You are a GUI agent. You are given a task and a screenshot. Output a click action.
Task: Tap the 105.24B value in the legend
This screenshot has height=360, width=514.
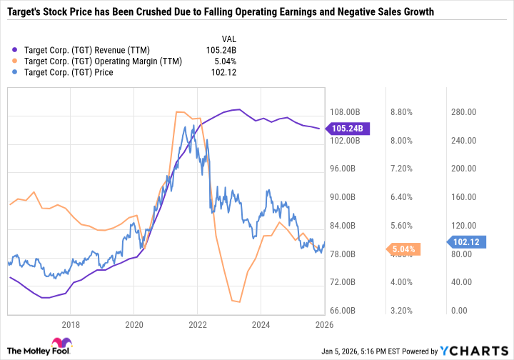(x=221, y=50)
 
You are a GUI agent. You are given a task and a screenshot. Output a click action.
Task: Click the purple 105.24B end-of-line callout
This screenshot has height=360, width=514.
(x=346, y=129)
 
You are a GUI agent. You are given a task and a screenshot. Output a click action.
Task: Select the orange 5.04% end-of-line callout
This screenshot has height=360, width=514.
(x=406, y=249)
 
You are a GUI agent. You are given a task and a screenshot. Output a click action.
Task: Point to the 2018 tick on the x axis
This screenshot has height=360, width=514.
(x=70, y=325)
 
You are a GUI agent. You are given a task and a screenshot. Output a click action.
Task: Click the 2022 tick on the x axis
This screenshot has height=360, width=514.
(x=198, y=325)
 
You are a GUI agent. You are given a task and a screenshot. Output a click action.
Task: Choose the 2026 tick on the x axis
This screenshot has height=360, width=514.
(x=324, y=325)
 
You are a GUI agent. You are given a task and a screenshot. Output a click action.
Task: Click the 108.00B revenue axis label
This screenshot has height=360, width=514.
(x=346, y=112)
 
